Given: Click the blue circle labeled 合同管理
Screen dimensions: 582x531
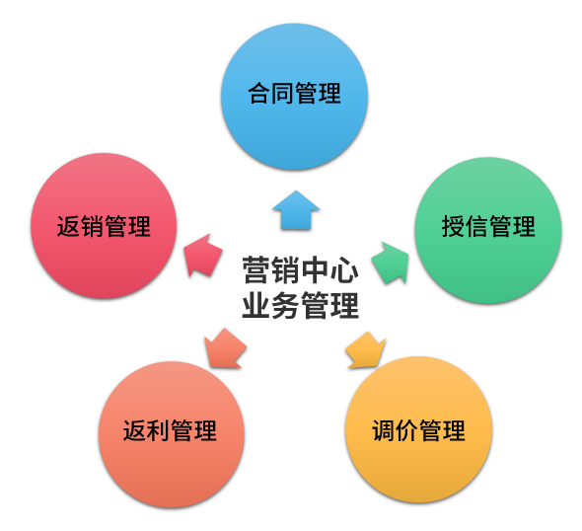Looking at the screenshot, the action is (294, 97).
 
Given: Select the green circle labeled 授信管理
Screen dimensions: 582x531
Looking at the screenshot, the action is (488, 230).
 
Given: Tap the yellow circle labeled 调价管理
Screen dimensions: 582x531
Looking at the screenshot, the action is (418, 429).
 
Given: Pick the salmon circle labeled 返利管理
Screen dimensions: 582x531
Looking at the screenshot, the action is (172, 434).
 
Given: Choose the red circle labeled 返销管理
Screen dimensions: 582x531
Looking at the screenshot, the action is (104, 226).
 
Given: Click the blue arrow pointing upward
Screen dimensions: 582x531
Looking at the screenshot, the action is (296, 210).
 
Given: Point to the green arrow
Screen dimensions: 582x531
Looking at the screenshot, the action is (391, 263).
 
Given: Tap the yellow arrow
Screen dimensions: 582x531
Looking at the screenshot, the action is (366, 350).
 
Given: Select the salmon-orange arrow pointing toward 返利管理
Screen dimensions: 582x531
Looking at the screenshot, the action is (225, 348).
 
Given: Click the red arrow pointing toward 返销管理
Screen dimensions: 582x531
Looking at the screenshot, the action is (202, 256).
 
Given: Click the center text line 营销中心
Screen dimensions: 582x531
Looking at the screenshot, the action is (300, 270).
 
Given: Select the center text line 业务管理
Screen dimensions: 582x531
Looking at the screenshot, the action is (300, 305).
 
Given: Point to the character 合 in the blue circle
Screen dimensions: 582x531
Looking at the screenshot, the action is (259, 93).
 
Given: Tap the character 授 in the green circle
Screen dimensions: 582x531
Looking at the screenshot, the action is (453, 226).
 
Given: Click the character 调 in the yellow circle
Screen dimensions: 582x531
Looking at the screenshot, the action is (384, 430).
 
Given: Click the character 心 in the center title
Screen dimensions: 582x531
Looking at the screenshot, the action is (345, 270).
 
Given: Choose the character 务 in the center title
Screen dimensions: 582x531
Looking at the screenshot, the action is (285, 305).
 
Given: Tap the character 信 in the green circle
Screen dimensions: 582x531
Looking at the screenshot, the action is (476, 226).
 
